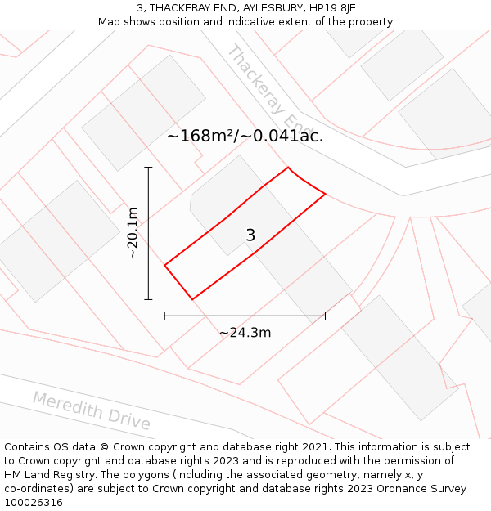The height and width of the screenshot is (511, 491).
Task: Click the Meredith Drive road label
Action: click(92, 410)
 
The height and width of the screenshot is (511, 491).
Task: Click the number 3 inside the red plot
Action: click(250, 235)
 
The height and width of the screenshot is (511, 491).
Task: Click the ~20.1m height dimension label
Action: click(133, 233)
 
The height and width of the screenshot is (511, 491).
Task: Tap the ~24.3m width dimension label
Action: click(245, 333)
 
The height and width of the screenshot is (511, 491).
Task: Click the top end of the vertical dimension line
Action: click(148, 168)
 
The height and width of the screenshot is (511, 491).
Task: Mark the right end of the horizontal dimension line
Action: click(325, 315)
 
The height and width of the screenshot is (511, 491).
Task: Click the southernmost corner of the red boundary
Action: click(192, 299)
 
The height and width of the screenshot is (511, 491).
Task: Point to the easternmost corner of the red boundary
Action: click(326, 194)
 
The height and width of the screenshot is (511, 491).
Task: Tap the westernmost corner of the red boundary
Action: click(165, 265)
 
